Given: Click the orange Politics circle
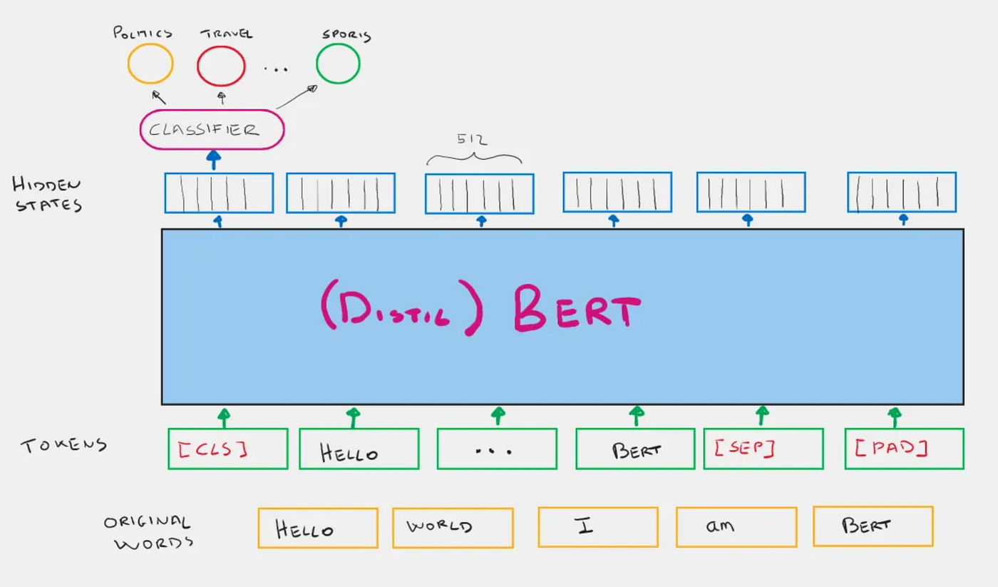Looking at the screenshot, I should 150,64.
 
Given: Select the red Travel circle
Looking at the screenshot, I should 221,66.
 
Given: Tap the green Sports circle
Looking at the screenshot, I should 338,63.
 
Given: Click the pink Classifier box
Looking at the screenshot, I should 212,130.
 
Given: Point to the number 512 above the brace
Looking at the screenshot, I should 473,139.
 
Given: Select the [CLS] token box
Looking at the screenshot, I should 227,449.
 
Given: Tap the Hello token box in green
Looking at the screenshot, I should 359,449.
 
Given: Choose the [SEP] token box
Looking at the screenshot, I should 763,449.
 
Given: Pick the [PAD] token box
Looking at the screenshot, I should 904,449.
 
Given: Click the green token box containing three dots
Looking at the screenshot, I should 496,449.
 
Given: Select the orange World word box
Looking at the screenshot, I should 453,528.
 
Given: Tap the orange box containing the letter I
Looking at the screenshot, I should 597,527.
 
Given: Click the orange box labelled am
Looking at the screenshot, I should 736,527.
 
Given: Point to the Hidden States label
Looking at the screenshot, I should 46,194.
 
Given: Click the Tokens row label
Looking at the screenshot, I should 63,446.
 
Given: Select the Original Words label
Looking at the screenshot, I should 148,531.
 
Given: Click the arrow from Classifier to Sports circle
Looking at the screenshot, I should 296,98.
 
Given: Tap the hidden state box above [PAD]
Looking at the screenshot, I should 901,192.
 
